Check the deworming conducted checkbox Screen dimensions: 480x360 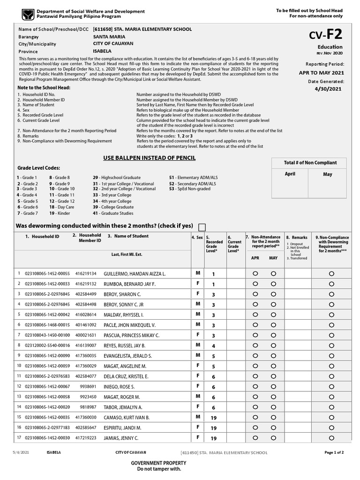tap(202, 227)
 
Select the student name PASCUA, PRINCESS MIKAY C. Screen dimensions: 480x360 tap(132, 335)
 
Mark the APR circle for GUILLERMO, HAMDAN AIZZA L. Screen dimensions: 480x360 tap(255, 273)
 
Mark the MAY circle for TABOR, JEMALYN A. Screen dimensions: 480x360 tap(273, 407)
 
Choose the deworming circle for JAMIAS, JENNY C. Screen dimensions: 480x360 tap(332, 438)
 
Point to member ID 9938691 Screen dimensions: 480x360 tap(88, 387)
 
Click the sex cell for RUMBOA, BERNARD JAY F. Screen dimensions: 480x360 tap(198, 284)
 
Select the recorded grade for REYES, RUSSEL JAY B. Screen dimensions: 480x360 tap(213, 346)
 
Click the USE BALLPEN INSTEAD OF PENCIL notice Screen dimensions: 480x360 tap(149, 158)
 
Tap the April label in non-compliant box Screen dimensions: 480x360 tap(290, 174)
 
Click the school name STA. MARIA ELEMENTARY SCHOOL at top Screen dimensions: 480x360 tap(142, 29)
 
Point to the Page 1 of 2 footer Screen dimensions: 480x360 tap(334, 452)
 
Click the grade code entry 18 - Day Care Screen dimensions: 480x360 tap(62, 207)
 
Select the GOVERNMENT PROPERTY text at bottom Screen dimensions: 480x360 tap(155, 463)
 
